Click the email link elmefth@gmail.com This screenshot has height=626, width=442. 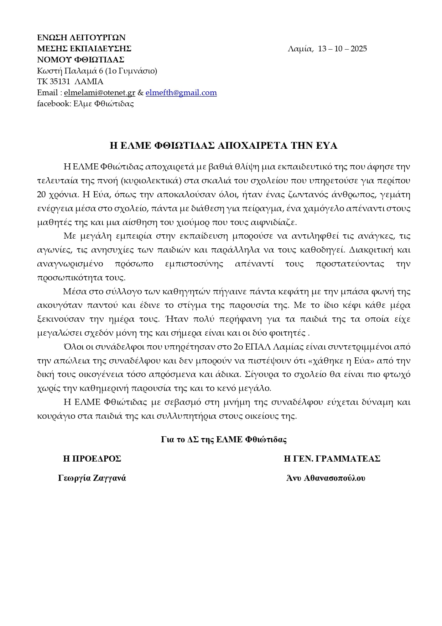point(181,93)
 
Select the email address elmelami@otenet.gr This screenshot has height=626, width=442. point(99,93)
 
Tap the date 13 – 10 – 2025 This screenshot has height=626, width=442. point(342,49)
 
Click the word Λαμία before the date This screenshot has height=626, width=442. point(300,49)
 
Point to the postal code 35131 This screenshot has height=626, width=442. point(59,82)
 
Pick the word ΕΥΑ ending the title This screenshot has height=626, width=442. point(327,146)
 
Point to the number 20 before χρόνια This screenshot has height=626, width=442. point(42,194)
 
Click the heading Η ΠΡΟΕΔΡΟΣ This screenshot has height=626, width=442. point(92,459)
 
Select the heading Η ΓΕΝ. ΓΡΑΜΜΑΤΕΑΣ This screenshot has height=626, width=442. point(332,459)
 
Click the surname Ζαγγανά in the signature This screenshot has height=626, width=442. point(109,478)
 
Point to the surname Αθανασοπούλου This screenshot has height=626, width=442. point(334,478)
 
